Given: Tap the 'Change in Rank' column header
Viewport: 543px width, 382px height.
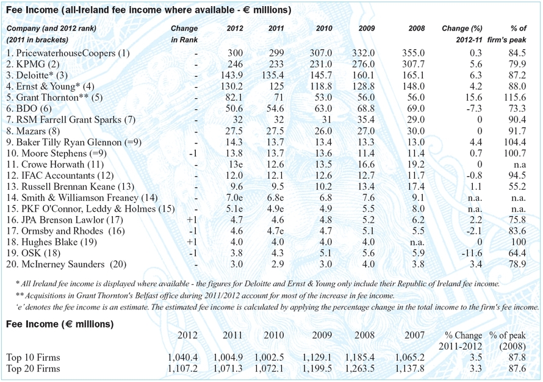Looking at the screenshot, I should point(184,34).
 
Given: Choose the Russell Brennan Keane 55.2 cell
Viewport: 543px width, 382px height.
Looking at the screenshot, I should point(516,186).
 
